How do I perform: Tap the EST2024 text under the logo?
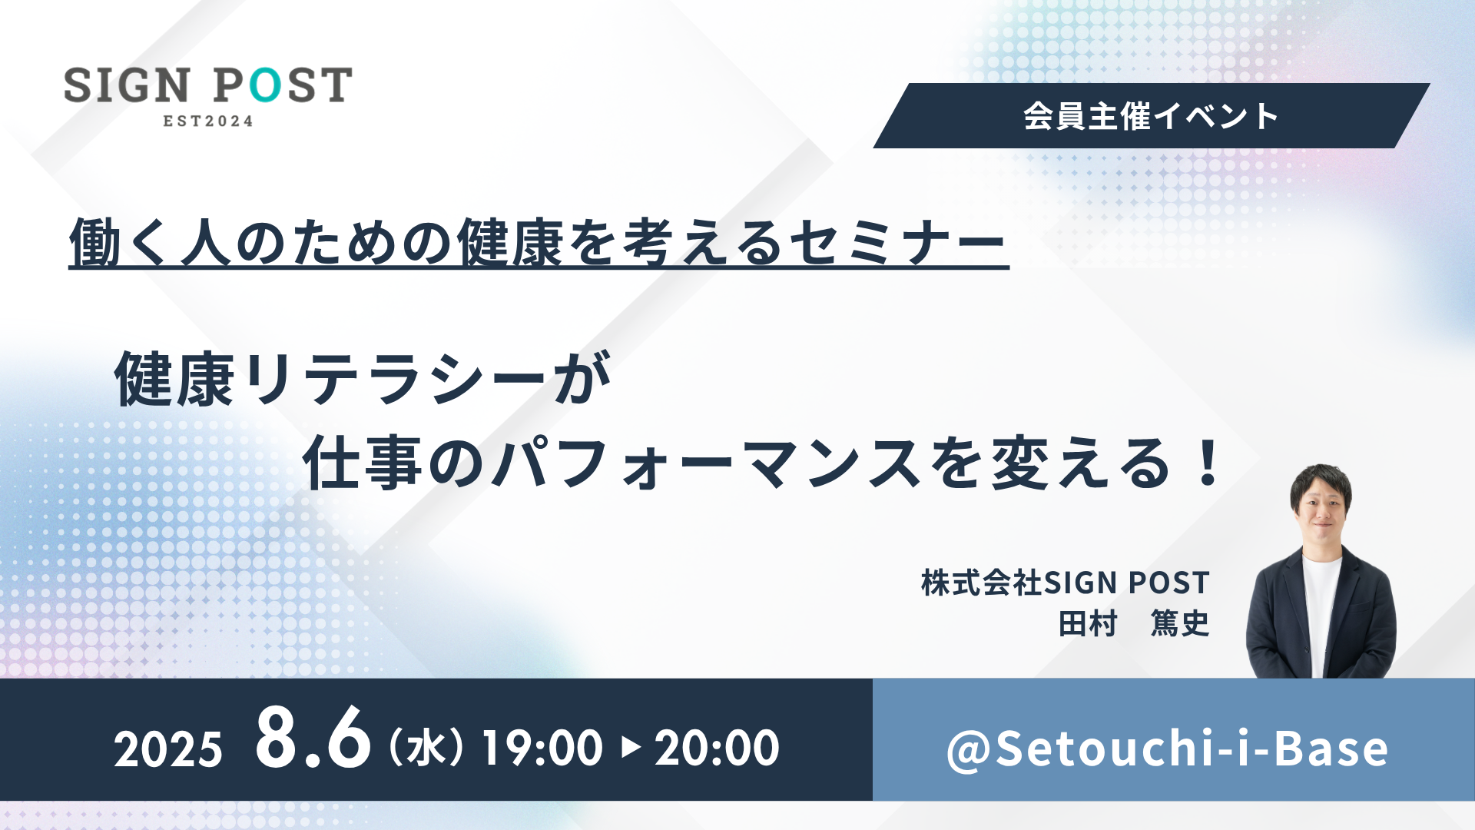[x=208, y=121]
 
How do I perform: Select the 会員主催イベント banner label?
[x=1151, y=116]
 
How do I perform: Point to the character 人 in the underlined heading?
[x=206, y=244]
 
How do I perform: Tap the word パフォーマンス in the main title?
[x=708, y=463]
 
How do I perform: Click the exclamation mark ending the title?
[x=1208, y=462]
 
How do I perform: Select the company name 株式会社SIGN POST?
[x=1066, y=583]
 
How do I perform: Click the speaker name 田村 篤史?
[x=1134, y=623]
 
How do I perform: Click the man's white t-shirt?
[x=1321, y=615]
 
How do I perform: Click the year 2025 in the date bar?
[x=168, y=749]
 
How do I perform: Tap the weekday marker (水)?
[x=426, y=748]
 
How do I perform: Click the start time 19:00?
[x=542, y=748]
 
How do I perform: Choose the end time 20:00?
[x=717, y=748]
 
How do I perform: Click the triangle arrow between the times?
[x=631, y=747]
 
